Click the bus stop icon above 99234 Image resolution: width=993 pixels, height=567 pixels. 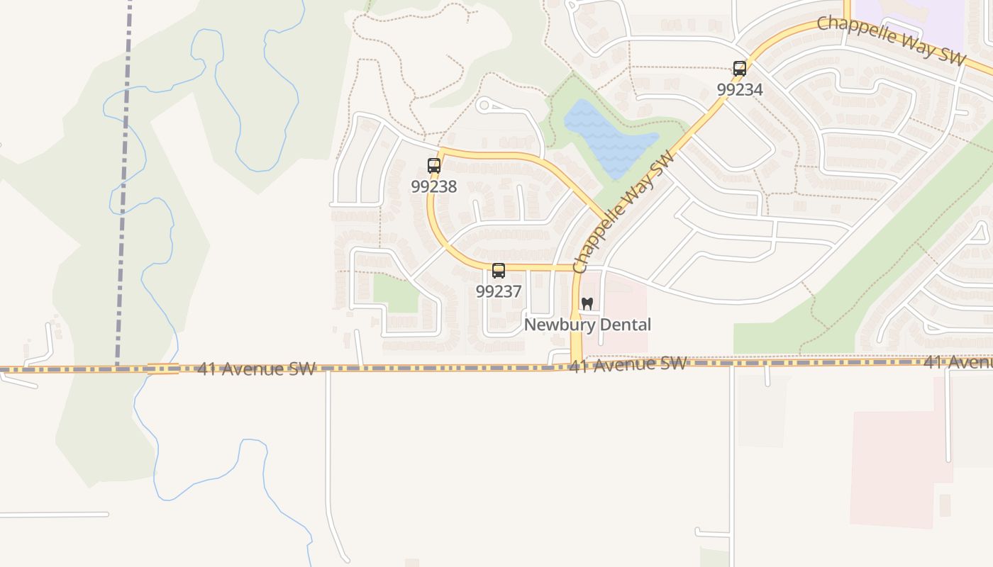tap(740, 69)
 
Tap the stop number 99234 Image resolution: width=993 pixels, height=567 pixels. tap(740, 89)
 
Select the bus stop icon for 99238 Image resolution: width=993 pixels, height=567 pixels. tap(434, 166)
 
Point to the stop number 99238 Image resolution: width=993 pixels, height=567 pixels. tap(434, 186)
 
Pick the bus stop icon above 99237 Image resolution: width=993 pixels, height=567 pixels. tap(499, 271)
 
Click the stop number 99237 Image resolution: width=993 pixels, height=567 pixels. tap(499, 291)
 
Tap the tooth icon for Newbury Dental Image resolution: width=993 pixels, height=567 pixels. tap(587, 303)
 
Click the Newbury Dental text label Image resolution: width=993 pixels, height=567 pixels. tap(587, 325)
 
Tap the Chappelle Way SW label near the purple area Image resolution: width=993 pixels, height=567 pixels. tap(891, 40)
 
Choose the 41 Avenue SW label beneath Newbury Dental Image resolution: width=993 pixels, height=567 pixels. tap(628, 364)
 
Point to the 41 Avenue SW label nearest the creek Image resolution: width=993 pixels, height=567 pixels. tap(256, 369)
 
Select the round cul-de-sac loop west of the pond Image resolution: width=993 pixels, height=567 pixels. tap(484, 106)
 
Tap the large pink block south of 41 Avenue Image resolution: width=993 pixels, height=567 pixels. tap(897, 468)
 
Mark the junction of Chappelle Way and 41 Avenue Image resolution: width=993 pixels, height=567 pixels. tap(576, 366)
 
